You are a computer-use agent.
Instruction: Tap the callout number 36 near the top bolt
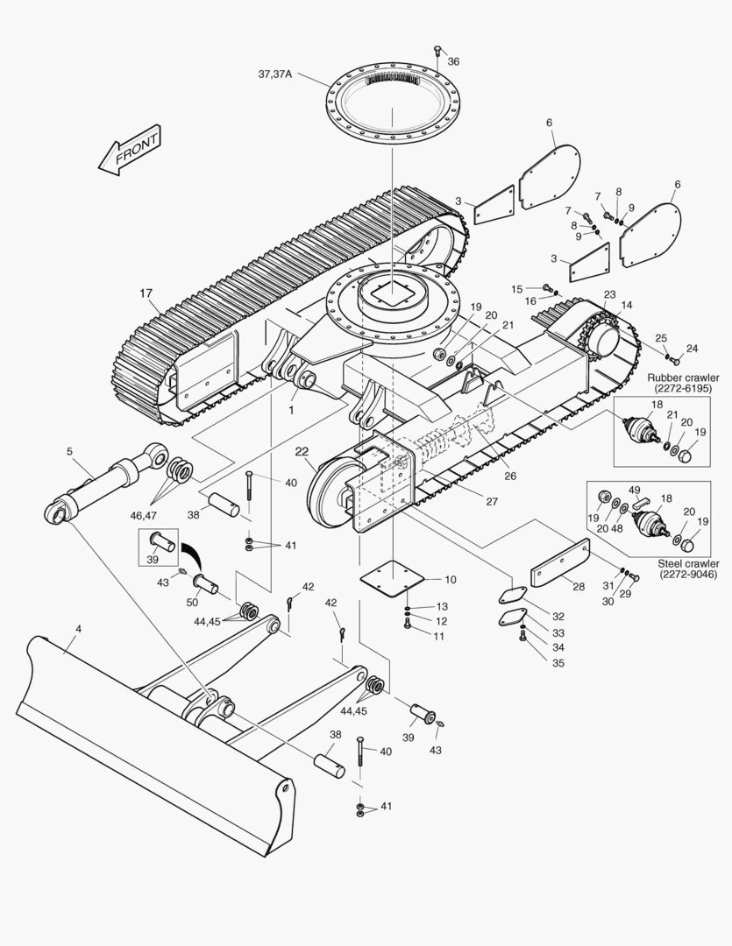453,61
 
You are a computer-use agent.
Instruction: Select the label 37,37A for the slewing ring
275,74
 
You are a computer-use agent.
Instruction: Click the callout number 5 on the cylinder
69,452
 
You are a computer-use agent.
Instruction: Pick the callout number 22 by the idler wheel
302,452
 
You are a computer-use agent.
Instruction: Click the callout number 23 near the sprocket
609,294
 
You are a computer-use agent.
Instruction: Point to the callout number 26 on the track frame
509,476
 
